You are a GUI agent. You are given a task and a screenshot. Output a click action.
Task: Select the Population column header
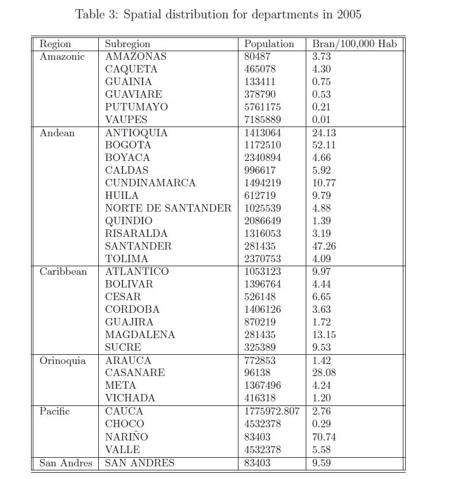[269, 44]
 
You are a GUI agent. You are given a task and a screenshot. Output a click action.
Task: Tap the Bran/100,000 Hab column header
[354, 44]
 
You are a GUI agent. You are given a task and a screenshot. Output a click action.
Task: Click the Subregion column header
[128, 44]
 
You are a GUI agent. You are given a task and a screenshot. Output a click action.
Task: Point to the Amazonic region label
[62, 56]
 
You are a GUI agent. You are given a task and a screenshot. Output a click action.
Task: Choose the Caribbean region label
[63, 271]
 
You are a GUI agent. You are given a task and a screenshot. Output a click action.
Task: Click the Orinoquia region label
[63, 361]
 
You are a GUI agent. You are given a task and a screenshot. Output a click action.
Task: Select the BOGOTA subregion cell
[128, 145]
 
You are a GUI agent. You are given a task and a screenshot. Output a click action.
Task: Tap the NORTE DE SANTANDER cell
[168, 208]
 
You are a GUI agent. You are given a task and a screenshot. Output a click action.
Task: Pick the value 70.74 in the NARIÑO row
[324, 437]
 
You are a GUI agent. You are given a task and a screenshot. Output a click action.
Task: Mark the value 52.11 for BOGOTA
[324, 145]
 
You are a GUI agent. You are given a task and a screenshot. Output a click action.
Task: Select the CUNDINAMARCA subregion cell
[151, 183]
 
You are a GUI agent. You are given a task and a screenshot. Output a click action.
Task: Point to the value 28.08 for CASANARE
[324, 373]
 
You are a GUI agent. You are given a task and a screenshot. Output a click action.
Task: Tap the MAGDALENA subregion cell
[140, 335]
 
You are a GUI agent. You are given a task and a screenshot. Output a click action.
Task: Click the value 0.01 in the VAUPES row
[322, 120]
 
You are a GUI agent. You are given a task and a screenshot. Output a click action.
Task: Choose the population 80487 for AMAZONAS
[257, 56]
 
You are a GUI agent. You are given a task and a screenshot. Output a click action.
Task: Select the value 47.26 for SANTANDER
[324, 246]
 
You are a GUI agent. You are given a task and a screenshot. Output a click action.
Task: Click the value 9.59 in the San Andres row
[322, 462]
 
